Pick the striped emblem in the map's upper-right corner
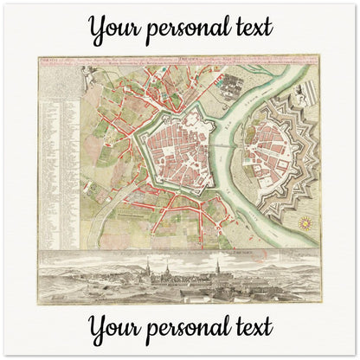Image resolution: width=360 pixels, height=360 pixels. coord(312,71)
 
